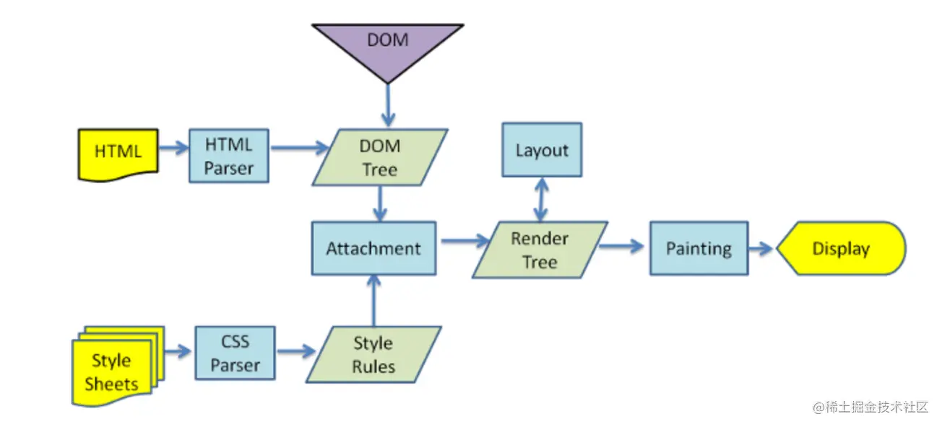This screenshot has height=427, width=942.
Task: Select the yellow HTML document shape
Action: (x=118, y=153)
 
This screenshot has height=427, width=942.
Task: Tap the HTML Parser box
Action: (x=229, y=156)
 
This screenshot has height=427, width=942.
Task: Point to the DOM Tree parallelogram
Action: (x=380, y=157)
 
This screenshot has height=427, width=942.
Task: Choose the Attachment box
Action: (x=373, y=249)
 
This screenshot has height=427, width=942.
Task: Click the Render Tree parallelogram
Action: (x=540, y=250)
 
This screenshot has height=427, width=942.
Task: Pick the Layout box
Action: (x=542, y=150)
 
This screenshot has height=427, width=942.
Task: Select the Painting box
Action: (x=699, y=249)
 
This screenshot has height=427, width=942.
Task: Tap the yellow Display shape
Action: (x=841, y=249)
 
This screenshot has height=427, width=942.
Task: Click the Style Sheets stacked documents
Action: (x=112, y=369)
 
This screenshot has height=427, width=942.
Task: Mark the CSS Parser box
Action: (x=235, y=353)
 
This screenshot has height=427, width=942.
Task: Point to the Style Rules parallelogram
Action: (x=373, y=354)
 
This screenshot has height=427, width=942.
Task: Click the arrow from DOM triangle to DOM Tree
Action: (x=388, y=105)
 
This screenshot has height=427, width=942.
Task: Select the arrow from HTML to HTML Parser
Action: (x=173, y=149)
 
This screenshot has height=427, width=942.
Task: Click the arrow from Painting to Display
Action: (x=762, y=248)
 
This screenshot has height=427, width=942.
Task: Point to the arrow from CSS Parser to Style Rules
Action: (x=296, y=352)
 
